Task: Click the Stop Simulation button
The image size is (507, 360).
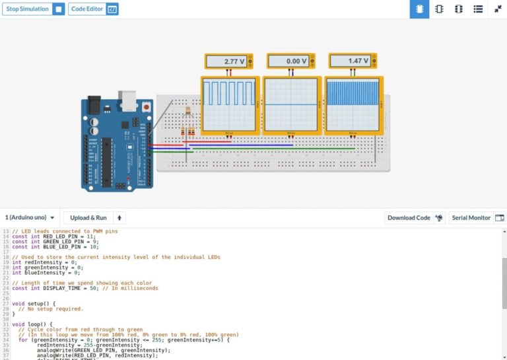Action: (x=33, y=9)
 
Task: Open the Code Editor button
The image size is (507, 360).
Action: (x=93, y=9)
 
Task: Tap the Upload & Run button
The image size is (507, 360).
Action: (x=88, y=217)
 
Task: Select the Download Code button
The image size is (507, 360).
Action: (x=409, y=217)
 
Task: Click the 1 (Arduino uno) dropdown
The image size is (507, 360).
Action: (x=30, y=217)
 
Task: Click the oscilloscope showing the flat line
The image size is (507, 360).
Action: (x=291, y=104)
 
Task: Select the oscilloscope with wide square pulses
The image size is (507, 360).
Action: (x=228, y=104)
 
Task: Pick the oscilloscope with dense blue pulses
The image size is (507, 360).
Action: (x=353, y=104)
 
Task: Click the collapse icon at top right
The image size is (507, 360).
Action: (x=498, y=9)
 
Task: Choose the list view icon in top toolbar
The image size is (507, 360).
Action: (x=478, y=9)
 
